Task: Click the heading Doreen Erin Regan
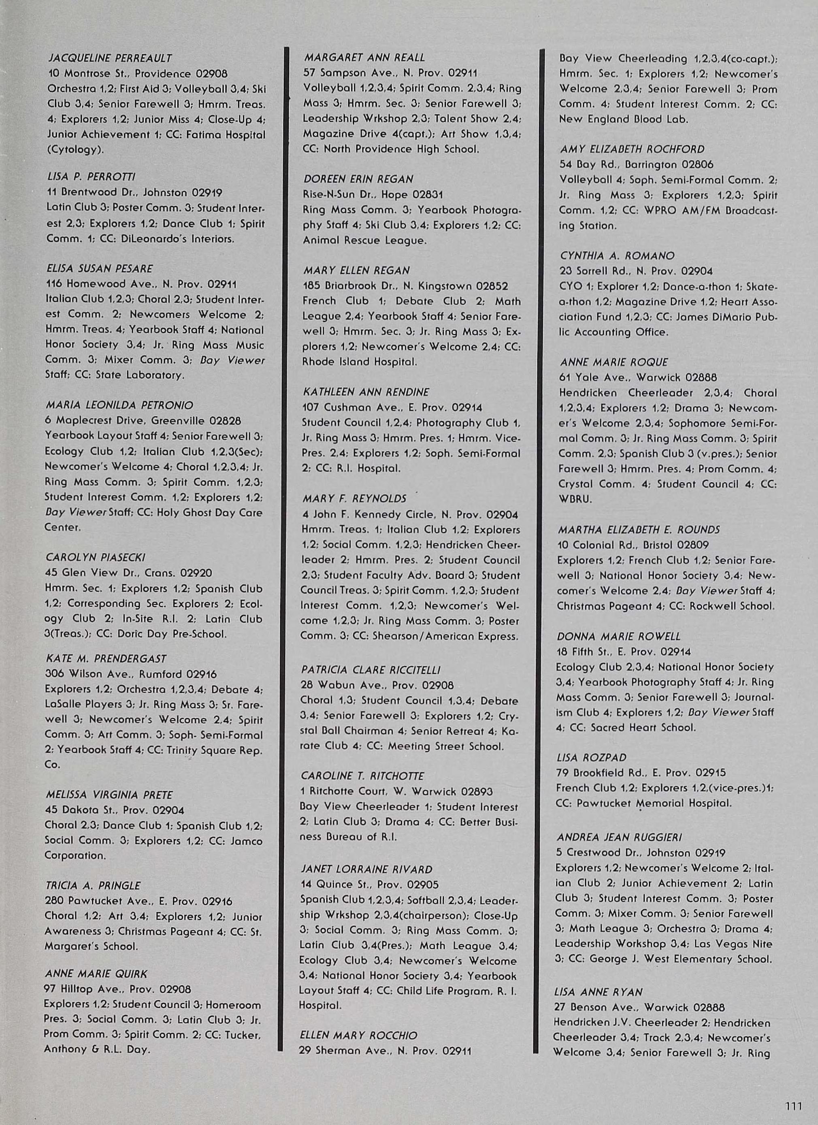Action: click(x=358, y=179)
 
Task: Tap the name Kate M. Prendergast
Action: click(x=106, y=659)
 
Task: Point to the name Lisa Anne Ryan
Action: click(x=598, y=992)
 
